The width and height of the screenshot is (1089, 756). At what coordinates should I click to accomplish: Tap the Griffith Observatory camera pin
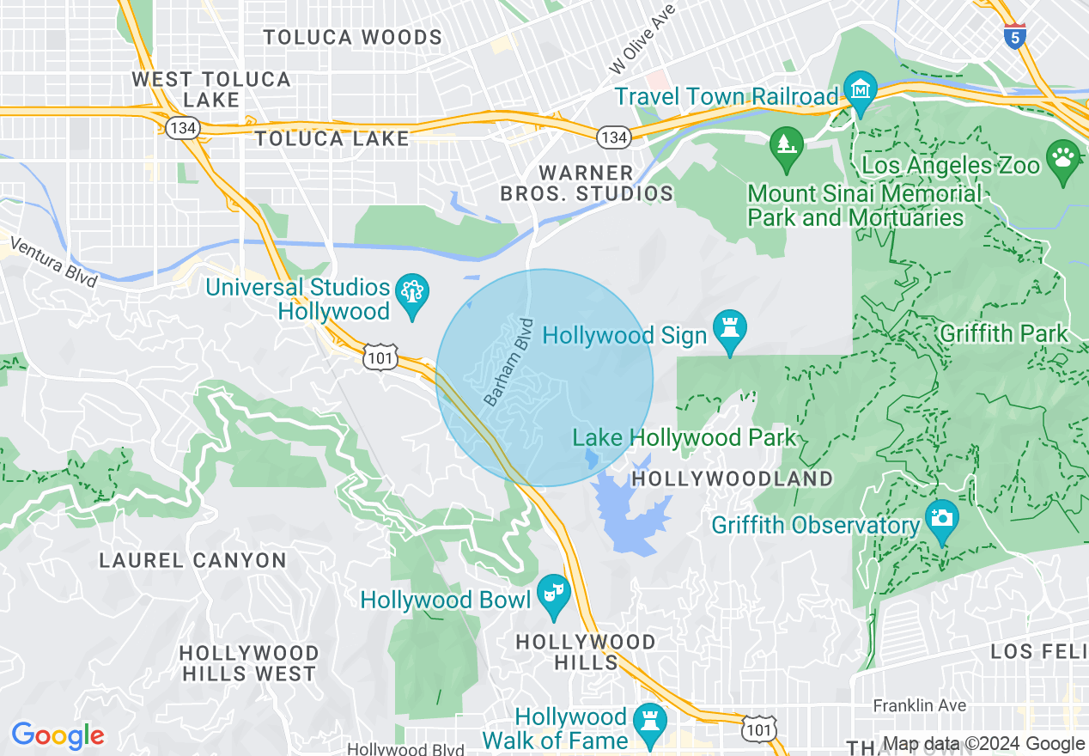coord(942,519)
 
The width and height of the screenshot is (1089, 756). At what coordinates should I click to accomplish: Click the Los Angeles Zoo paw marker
coord(1063,161)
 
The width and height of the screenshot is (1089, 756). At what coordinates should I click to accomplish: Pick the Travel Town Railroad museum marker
coord(860,90)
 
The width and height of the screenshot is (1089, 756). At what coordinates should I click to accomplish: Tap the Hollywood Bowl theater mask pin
coord(554,594)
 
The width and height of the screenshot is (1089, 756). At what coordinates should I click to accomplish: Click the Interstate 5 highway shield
coord(1015,37)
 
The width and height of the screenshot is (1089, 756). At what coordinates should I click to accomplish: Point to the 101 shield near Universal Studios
coord(379,358)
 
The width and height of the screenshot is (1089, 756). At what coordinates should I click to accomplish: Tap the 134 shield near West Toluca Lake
coord(179,126)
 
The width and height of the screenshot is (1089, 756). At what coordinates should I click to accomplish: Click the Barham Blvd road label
coord(509,363)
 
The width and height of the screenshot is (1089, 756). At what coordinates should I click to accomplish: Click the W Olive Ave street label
coord(642,38)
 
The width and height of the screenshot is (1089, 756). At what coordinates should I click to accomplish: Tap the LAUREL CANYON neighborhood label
coord(192,561)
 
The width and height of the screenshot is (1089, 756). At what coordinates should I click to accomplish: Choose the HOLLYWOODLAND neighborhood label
coord(733,479)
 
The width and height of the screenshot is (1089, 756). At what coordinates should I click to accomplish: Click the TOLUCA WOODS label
coord(352,38)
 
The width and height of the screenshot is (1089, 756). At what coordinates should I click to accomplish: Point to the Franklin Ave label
coord(919,706)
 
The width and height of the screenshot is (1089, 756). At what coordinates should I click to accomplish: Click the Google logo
coord(58,735)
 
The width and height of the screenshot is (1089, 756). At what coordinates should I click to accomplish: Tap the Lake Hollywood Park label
coord(684,438)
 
